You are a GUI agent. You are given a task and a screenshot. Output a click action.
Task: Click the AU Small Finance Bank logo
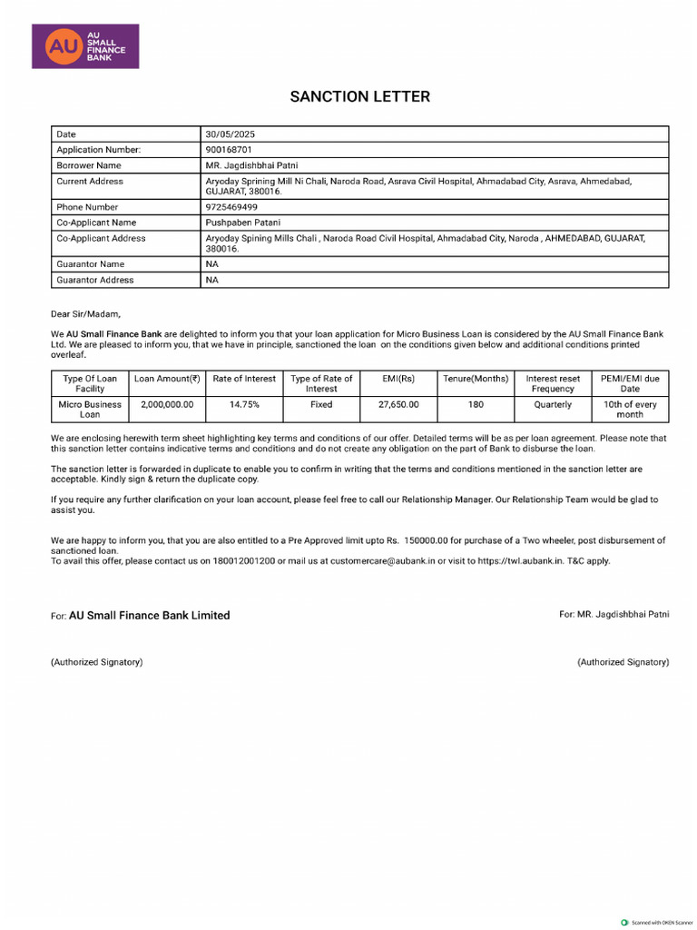point(85,45)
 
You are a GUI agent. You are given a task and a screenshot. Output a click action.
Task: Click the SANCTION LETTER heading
point(359,96)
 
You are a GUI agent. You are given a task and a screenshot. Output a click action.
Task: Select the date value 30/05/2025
point(231,134)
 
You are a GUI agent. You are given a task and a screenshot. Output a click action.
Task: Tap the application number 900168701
point(229,149)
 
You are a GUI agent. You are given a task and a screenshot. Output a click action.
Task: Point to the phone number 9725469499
point(231,207)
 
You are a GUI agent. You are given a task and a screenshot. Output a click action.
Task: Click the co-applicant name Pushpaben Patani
point(243,222)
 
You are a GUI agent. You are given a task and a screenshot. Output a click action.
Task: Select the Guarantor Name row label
point(90,264)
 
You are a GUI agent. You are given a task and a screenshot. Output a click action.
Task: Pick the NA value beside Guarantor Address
point(211,280)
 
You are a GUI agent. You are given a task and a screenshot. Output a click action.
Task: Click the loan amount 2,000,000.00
point(167,404)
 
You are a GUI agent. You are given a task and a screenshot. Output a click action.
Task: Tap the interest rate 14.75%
point(244,404)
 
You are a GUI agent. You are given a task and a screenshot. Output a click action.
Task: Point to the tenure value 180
point(476,404)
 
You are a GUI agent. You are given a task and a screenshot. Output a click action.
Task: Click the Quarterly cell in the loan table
point(553,404)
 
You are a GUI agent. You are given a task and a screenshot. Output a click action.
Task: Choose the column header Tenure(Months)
point(476,379)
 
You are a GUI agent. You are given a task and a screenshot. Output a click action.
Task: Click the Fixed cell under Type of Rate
point(321,404)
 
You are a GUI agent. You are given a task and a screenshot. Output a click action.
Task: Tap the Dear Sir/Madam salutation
point(85,313)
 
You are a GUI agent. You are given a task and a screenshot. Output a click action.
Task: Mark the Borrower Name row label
point(89,165)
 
